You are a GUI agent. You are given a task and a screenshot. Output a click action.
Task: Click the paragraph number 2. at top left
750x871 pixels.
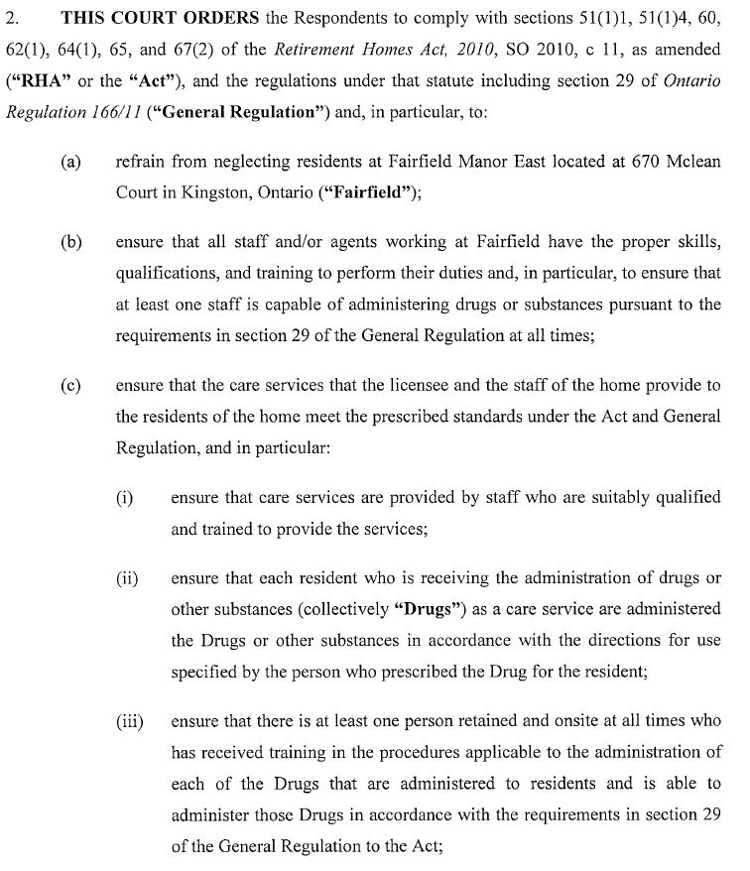pyautogui.click(x=13, y=19)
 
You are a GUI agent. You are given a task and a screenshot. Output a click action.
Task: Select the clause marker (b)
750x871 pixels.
pyautogui.click(x=70, y=243)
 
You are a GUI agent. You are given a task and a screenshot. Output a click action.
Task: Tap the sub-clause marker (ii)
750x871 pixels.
pyautogui.click(x=127, y=578)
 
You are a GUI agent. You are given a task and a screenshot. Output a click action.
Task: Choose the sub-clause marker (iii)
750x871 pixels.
pyautogui.click(x=129, y=721)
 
